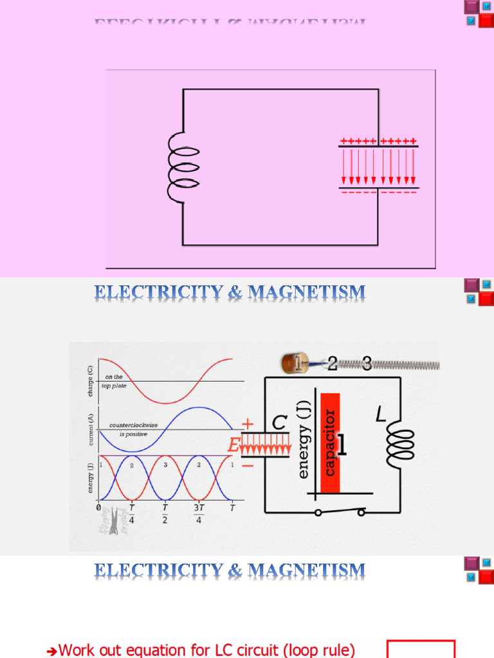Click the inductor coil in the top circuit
click(x=183, y=169)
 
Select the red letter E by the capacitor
click(x=233, y=445)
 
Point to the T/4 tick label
click(x=132, y=514)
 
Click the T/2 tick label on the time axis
click(x=165, y=514)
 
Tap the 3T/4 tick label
click(x=199, y=514)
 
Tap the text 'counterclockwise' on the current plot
click(x=133, y=425)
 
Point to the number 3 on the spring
click(x=367, y=364)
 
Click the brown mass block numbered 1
click(x=294, y=364)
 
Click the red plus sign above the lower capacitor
click(x=248, y=425)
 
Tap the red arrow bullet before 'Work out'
click(x=53, y=652)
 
